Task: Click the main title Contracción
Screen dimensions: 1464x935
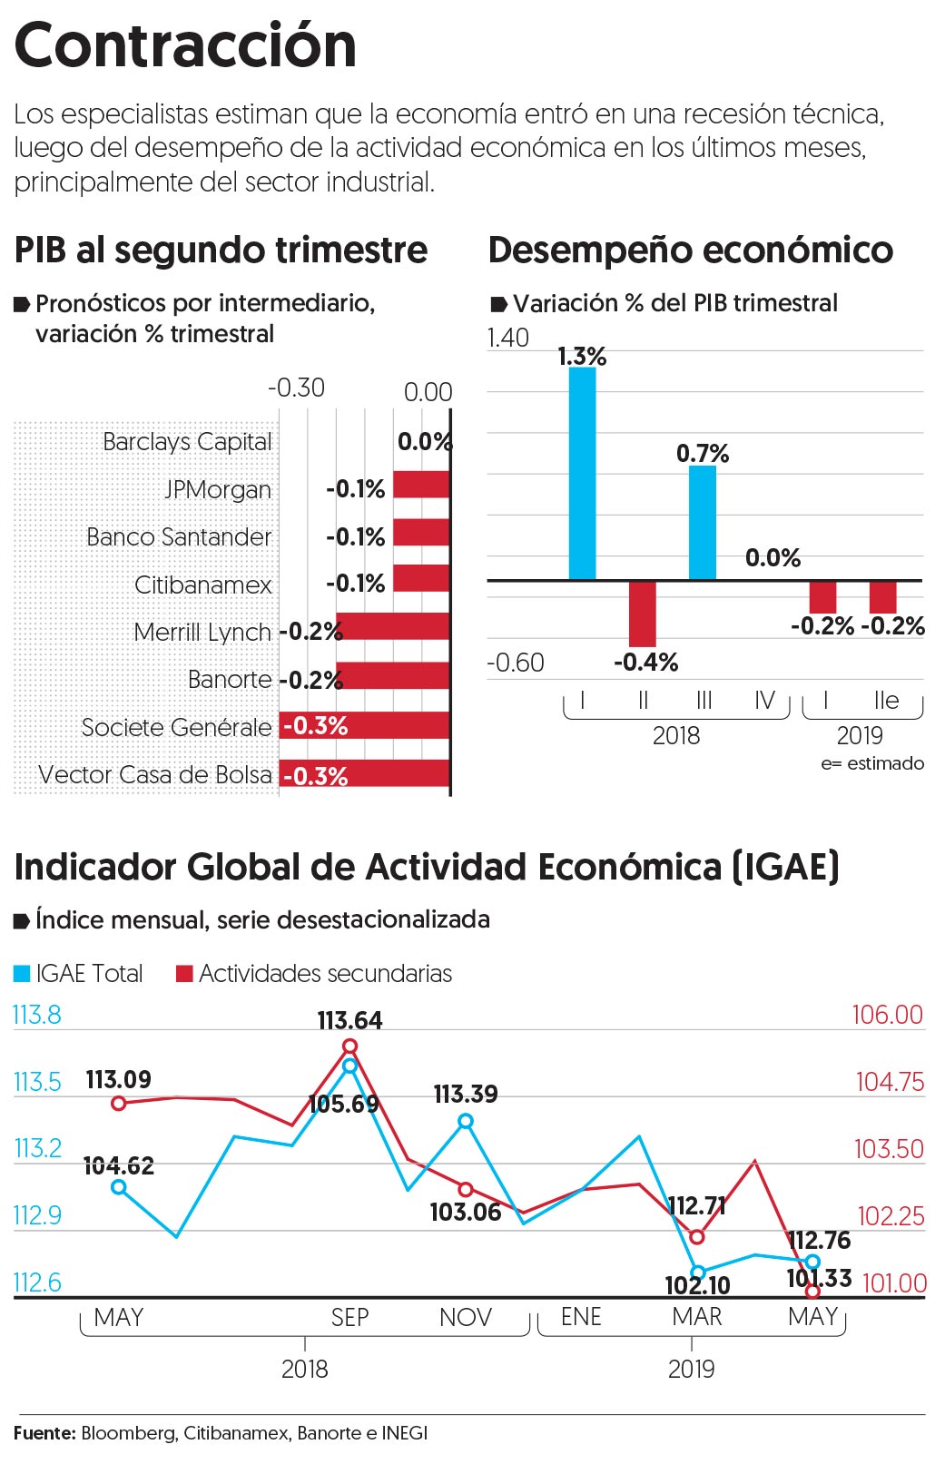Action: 185,45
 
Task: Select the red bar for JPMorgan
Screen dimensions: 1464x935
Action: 421,485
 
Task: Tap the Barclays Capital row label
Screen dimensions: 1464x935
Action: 187,442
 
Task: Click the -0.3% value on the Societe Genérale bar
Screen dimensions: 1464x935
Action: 316,726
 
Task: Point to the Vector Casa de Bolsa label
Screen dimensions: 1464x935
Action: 155,775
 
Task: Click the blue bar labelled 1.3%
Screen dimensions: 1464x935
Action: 582,473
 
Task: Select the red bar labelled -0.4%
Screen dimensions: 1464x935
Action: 642,614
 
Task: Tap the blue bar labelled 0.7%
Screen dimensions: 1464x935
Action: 702,522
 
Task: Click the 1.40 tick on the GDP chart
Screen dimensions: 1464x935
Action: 508,338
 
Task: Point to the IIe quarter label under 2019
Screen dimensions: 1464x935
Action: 885,701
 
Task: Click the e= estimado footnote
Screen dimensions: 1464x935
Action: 871,763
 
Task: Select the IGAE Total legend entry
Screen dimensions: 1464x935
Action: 79,974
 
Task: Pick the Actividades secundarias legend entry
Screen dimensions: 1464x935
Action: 314,974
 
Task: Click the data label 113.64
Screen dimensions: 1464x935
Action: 349,1021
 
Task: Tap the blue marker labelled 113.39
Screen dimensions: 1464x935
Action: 466,1121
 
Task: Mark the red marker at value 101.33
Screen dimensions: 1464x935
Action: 812,1291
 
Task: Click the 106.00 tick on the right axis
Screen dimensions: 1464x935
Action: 887,1015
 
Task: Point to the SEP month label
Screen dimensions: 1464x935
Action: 349,1317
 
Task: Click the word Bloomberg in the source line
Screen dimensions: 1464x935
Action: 128,1433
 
